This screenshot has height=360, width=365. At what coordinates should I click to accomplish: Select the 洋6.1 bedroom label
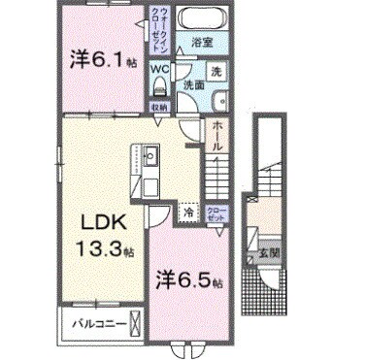tap(99, 59)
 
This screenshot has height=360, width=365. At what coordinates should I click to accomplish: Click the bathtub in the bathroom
tap(206, 19)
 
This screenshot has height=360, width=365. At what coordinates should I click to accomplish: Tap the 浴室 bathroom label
tap(201, 43)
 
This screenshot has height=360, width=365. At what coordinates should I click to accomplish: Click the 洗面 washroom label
tap(193, 84)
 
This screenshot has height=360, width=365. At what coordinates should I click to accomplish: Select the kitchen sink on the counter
tap(150, 155)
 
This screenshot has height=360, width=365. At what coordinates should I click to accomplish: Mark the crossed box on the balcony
tap(135, 323)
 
